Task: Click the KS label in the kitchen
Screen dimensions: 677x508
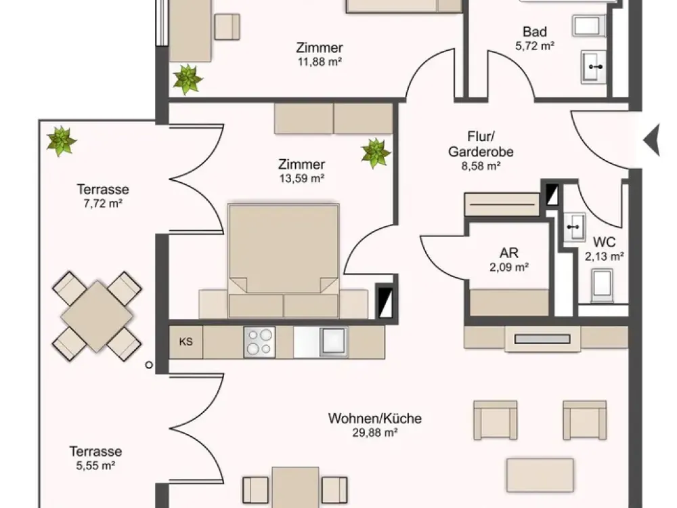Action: click(x=185, y=341)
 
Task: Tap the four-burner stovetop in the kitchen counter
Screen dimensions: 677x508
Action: click(x=259, y=341)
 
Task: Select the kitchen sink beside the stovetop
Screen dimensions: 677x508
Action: click(x=333, y=341)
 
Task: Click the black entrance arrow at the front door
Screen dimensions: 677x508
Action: click(x=651, y=140)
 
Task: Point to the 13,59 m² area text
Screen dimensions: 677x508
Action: click(x=302, y=178)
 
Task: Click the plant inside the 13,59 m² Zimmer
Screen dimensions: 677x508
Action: click(x=376, y=153)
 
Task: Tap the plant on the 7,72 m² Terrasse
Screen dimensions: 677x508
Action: click(x=62, y=142)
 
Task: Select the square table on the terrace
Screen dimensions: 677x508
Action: click(x=97, y=316)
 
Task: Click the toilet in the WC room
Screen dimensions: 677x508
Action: click(x=603, y=285)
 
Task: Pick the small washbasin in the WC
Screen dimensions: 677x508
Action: click(x=574, y=226)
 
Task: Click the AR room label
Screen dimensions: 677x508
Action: click(x=509, y=253)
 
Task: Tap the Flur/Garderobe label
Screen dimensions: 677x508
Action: click(x=481, y=144)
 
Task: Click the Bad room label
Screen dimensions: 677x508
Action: click(x=535, y=32)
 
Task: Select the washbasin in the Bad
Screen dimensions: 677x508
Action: click(x=595, y=67)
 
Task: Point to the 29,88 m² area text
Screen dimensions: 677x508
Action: click(x=375, y=432)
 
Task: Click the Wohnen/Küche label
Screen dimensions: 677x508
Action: click(x=375, y=418)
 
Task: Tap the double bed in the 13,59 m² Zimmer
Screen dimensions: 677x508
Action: click(x=283, y=261)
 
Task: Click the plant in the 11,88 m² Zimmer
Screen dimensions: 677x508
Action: click(x=188, y=79)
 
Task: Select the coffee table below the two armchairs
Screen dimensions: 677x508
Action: click(x=540, y=475)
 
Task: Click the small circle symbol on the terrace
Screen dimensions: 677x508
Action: click(x=149, y=365)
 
